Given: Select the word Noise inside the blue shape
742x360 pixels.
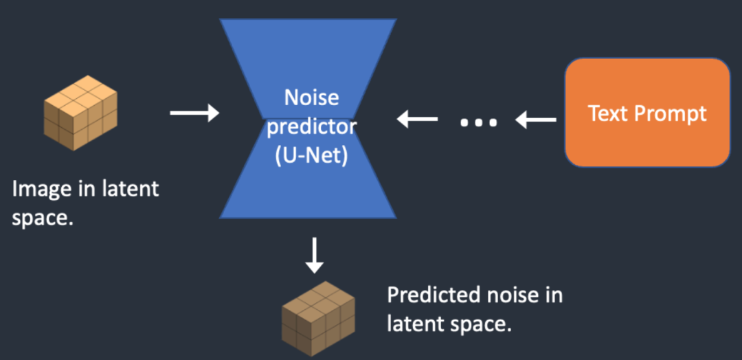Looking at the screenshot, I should [x=311, y=97].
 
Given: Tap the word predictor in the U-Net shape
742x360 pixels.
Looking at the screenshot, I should [x=311, y=126].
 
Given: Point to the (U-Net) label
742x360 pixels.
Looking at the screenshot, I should [x=311, y=156].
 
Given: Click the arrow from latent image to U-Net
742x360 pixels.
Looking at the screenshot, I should [x=194, y=113].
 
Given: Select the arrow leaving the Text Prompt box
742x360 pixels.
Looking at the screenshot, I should [x=536, y=121].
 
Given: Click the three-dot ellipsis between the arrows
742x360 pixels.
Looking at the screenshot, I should [x=478, y=122].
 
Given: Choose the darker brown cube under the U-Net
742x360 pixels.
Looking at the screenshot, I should [x=317, y=320].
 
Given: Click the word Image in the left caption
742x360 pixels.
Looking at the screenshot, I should [x=35, y=189].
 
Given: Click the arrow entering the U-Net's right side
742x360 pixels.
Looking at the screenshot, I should [x=417, y=120].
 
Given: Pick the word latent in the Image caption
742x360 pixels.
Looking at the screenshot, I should [x=130, y=189].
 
